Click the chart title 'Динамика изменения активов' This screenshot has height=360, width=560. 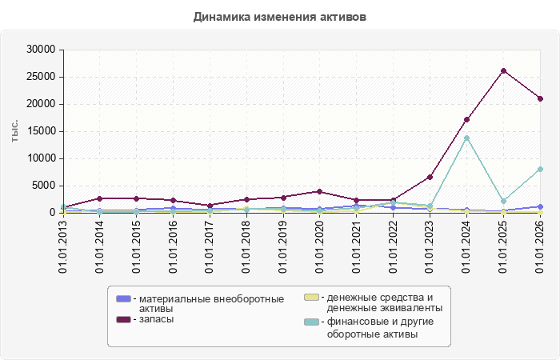coord(280,17)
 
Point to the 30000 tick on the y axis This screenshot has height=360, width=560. coord(41,50)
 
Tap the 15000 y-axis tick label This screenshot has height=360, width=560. coord(41,131)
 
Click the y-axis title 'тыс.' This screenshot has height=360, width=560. coord(14,131)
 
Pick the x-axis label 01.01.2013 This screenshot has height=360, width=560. coord(63,246)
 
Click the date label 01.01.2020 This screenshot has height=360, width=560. coord(320,246)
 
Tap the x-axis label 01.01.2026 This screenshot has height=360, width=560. coord(540,246)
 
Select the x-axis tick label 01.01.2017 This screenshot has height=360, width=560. coord(210,246)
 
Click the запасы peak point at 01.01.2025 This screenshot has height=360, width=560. coord(503,70)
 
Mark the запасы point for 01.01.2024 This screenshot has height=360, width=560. coord(466,120)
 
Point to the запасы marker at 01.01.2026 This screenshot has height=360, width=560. coord(540,98)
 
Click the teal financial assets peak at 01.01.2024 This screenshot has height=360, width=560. coord(466,138)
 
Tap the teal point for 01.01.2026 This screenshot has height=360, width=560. coord(540,170)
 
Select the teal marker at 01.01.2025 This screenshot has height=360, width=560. coord(503,201)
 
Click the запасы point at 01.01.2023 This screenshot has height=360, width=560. coord(430,177)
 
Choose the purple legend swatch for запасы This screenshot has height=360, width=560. coord(123,319)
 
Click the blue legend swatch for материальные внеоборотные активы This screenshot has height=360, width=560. coord(123,298)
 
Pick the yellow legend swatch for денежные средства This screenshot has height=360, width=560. coord(311,297)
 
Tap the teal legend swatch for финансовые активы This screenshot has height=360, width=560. coord(311,322)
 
